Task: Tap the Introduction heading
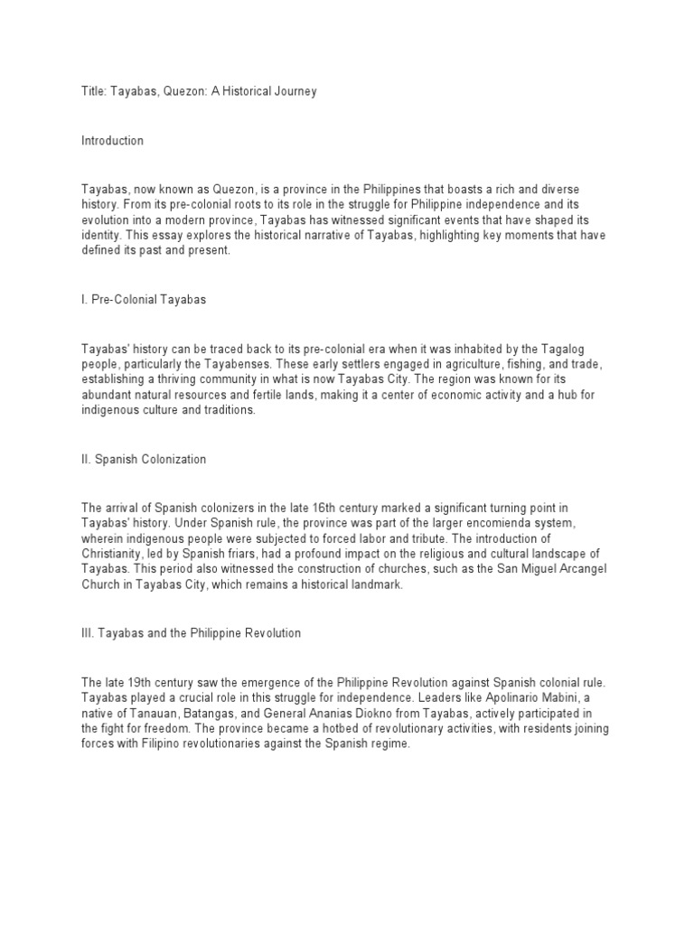(112, 141)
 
